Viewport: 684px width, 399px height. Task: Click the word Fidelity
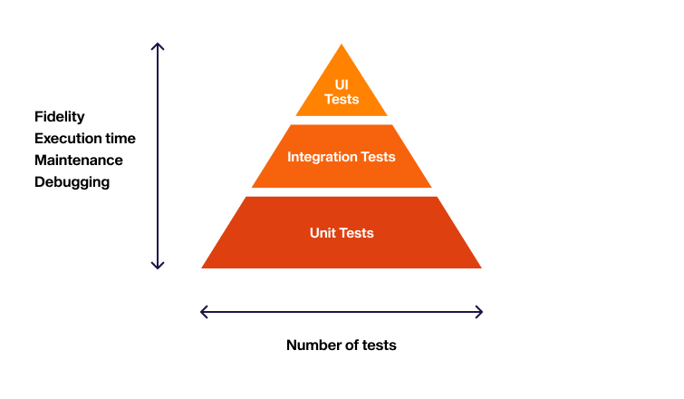pos(60,117)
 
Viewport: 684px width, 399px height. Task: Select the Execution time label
pos(85,139)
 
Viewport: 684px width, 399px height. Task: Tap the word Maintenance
pos(79,161)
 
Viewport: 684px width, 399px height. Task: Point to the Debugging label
pos(72,182)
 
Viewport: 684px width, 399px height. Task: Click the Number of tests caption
pos(342,345)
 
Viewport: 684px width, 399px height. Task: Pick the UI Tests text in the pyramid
pos(342,92)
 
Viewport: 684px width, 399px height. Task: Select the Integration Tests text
pos(342,157)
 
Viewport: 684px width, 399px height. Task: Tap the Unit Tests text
pos(342,233)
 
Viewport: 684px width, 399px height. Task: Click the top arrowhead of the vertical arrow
pos(158,45)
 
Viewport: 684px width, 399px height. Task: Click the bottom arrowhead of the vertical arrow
pos(158,267)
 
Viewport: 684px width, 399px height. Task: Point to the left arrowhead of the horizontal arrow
pos(203,312)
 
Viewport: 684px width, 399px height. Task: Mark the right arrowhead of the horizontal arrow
pos(480,312)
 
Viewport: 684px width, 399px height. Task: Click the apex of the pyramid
pos(342,46)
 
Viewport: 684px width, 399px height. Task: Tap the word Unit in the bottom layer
pos(323,233)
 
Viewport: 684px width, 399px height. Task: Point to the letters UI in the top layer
pos(342,84)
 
